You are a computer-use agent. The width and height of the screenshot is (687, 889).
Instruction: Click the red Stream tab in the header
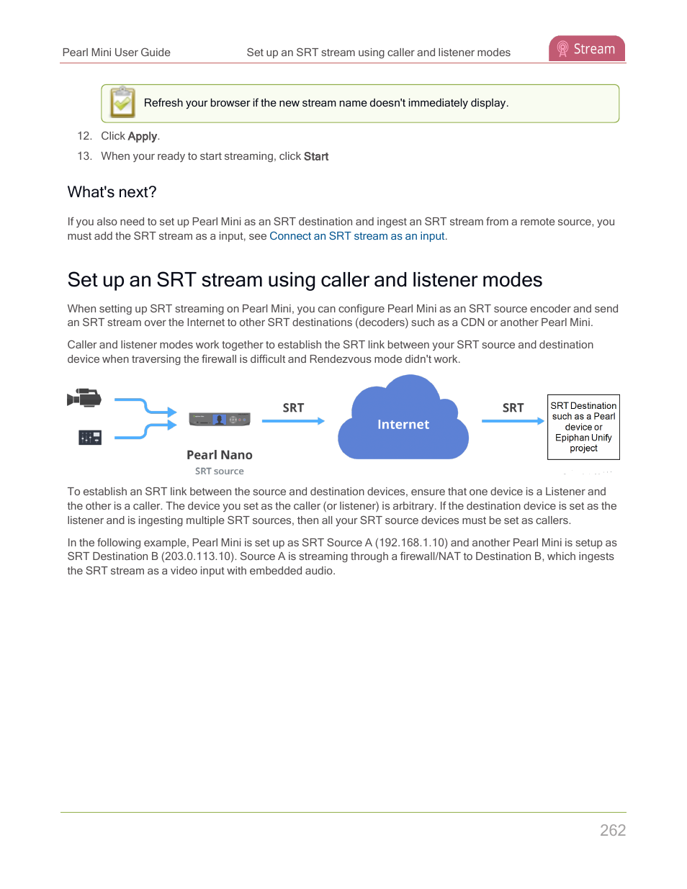pos(587,49)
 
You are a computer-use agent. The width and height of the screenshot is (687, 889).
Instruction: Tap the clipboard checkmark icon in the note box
pos(122,103)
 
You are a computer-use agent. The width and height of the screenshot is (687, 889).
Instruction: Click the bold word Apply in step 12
pos(143,136)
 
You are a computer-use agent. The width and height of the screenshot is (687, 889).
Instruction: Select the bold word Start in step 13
pos(316,156)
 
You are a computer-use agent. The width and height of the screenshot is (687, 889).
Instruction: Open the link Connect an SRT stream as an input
pos(357,236)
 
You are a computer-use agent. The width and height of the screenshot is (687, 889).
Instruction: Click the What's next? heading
pos(112,192)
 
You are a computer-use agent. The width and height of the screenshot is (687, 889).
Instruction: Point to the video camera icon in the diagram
pos(84,398)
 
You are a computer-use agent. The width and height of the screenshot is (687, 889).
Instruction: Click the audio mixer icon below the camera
pos(90,437)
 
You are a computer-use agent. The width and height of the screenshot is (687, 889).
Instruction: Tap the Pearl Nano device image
pos(220,419)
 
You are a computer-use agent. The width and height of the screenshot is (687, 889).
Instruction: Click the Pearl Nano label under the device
pos(220,455)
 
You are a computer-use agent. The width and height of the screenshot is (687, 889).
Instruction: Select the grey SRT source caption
pos(220,471)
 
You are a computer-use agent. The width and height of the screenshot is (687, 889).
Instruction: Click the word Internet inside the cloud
pos(403,425)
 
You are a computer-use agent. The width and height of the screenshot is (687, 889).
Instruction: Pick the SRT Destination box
pos(583,427)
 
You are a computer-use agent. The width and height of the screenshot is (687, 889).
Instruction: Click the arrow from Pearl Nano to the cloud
pos(293,421)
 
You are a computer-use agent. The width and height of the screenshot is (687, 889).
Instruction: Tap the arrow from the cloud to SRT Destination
pos(513,421)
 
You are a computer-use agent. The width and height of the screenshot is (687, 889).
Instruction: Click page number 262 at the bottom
pos(613,830)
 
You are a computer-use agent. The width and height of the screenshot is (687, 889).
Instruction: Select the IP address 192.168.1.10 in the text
pos(411,543)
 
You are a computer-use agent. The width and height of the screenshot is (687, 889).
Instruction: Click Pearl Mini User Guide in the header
pos(117,53)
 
